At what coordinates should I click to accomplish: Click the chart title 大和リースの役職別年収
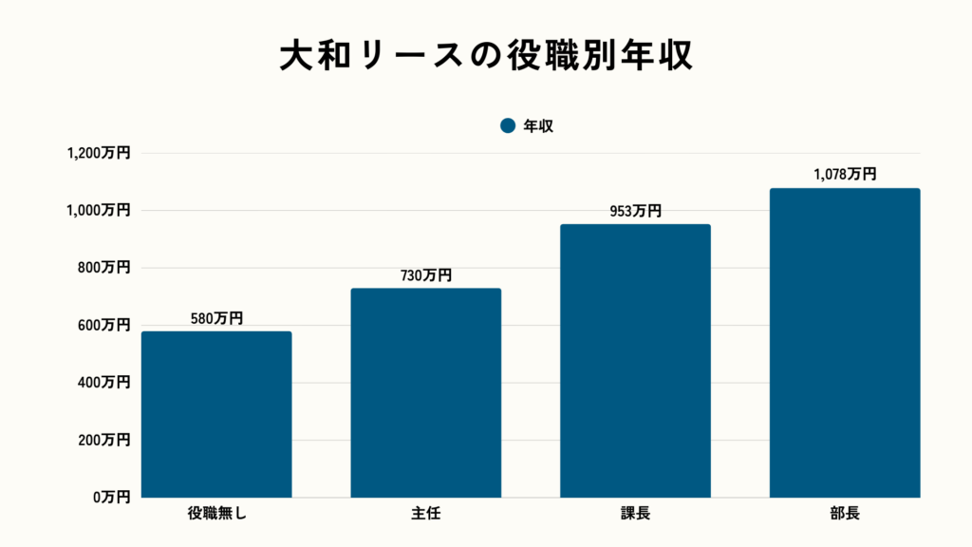click(x=485, y=55)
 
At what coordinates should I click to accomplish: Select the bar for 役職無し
click(x=216, y=414)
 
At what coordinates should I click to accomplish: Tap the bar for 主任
click(x=425, y=393)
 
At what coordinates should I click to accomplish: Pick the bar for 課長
click(x=635, y=361)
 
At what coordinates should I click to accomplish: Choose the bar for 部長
click(x=844, y=343)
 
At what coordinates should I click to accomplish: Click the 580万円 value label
click(x=216, y=318)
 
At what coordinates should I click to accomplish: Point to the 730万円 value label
click(x=425, y=275)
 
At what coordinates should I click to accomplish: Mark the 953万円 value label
click(x=635, y=211)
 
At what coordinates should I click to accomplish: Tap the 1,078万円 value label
click(x=844, y=175)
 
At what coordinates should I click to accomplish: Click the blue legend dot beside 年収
click(x=507, y=125)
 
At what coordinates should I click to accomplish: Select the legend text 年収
click(x=538, y=125)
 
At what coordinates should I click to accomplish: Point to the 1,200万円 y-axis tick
click(x=98, y=154)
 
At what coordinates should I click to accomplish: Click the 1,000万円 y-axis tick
click(x=98, y=211)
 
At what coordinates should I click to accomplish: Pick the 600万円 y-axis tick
click(x=103, y=326)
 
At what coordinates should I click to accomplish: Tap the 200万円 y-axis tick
click(x=103, y=441)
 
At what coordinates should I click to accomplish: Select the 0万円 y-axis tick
click(x=109, y=498)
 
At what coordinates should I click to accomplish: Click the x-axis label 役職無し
click(x=216, y=515)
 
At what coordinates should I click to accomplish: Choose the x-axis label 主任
click(x=425, y=515)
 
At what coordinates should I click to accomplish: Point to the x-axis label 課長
click(x=635, y=515)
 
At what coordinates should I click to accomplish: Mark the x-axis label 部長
click(x=844, y=515)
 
